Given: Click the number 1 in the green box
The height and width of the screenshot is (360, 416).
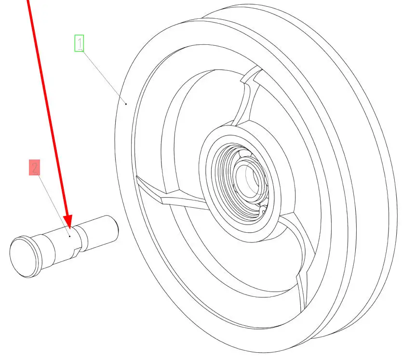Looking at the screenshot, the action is pyautogui.click(x=80, y=43).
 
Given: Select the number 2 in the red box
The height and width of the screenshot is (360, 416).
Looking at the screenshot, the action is pyautogui.click(x=35, y=168).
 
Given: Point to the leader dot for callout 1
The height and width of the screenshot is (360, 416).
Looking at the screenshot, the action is pyautogui.click(x=126, y=104).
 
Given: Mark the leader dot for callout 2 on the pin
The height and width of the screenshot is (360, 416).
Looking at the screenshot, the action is pyautogui.click(x=70, y=236).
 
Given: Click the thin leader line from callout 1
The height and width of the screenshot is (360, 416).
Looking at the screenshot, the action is pyautogui.click(x=104, y=77).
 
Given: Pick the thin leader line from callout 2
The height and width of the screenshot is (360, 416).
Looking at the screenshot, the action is pyautogui.click(x=54, y=205).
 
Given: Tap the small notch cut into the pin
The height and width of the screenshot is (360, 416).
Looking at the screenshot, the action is pyautogui.click(x=76, y=253).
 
